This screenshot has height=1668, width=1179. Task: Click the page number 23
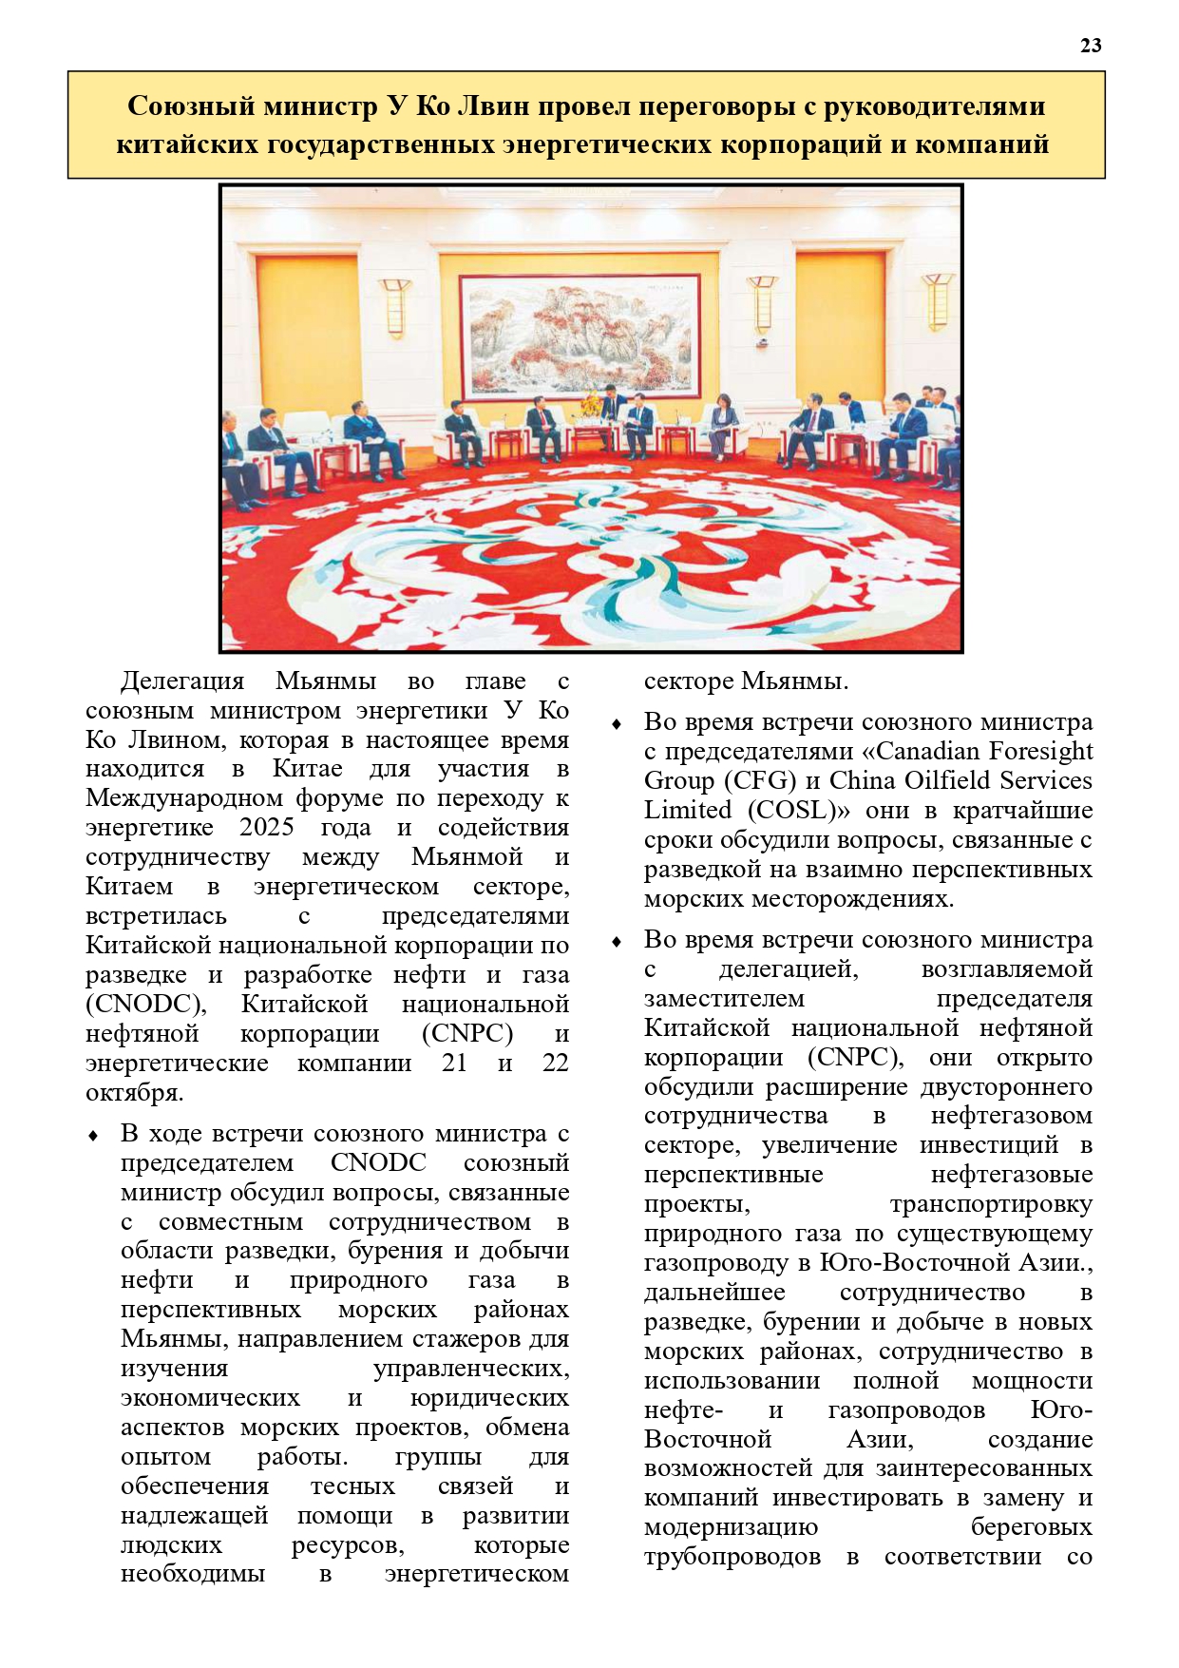coord(1091,45)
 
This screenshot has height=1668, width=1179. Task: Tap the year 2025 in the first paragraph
coord(266,827)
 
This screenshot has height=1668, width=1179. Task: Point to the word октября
coord(134,1092)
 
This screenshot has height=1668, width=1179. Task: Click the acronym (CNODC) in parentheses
coord(145,1004)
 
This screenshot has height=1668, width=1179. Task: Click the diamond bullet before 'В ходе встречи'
coord(93,1136)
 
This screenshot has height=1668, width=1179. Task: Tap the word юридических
coord(489,1397)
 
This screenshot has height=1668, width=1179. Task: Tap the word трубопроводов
coord(732,1556)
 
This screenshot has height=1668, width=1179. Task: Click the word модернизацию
coord(731,1526)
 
